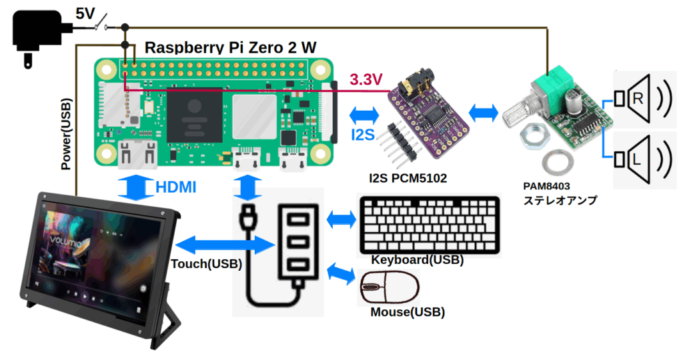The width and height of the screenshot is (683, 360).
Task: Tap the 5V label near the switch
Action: (84, 13)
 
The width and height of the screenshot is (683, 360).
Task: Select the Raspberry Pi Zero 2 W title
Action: (231, 47)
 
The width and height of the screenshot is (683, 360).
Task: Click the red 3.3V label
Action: (366, 80)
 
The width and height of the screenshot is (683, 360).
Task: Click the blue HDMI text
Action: (176, 188)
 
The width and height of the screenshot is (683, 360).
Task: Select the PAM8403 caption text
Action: (550, 186)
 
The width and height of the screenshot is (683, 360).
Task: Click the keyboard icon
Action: (429, 224)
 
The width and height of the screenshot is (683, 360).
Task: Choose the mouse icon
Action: (390, 289)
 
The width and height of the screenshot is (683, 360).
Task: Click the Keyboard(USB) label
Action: (418, 260)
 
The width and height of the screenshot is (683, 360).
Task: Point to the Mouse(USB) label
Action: (408, 312)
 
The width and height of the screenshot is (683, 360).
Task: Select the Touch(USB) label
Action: (206, 264)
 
